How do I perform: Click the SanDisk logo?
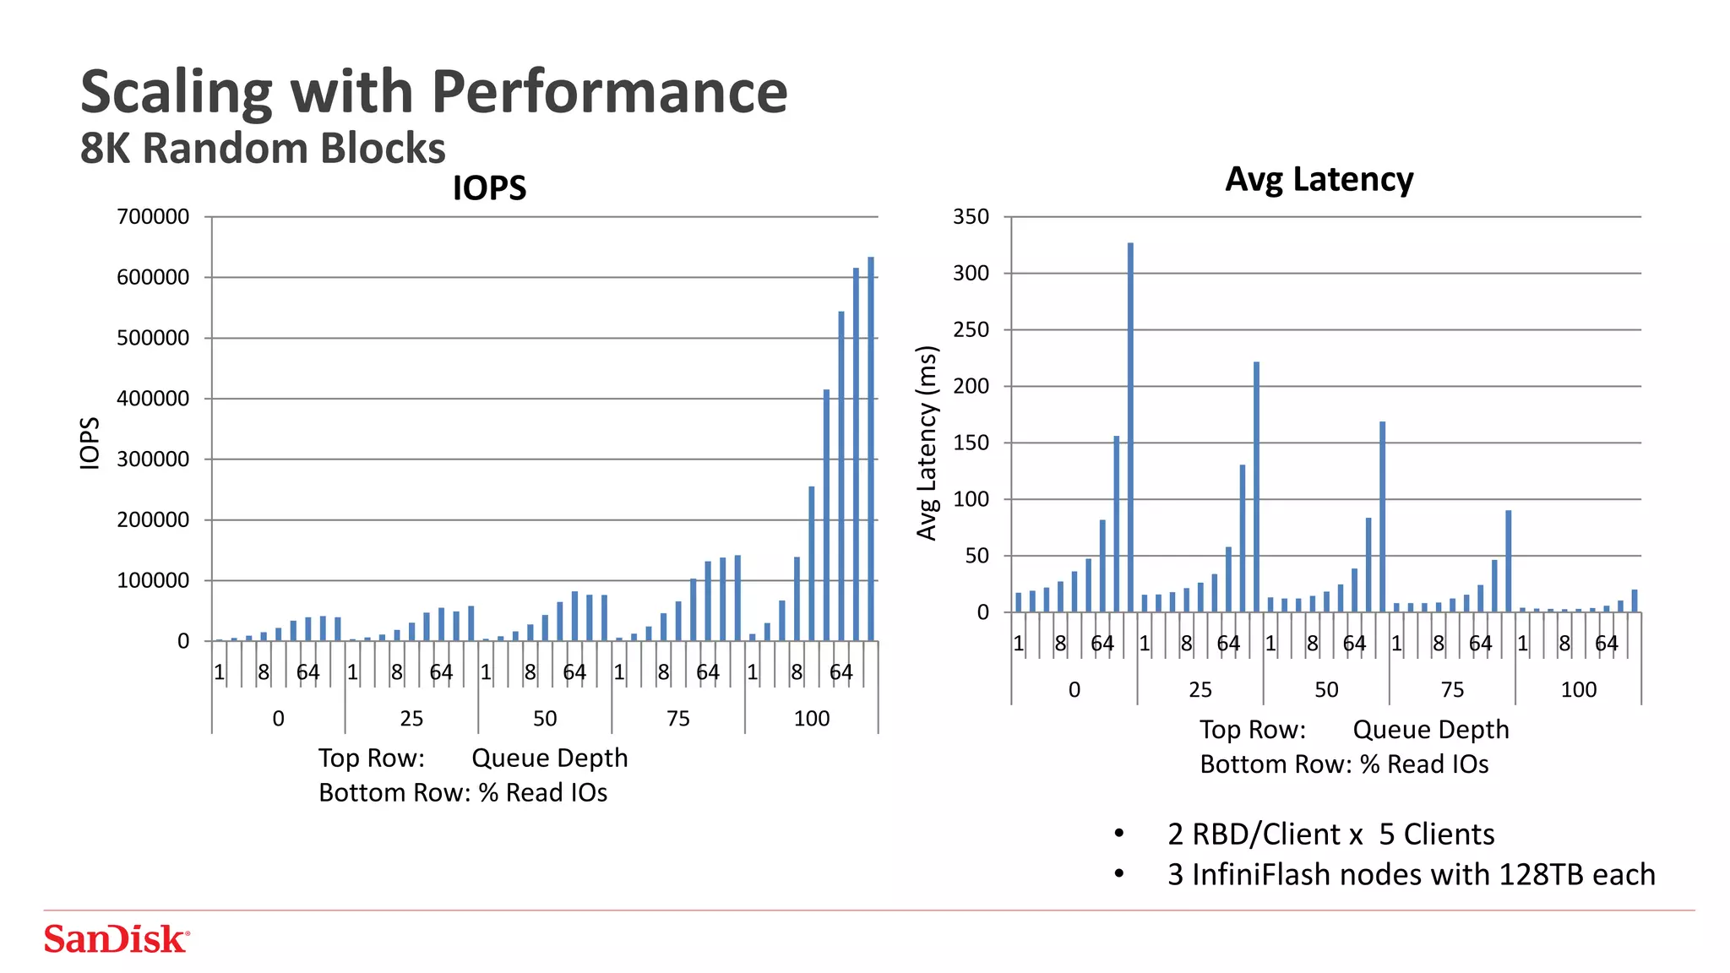117,939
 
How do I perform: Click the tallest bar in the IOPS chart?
871,448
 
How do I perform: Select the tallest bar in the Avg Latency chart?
1130,427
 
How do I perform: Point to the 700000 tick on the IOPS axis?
153,217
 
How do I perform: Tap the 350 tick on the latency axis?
971,217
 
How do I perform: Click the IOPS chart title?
489,188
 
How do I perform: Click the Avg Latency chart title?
1319,179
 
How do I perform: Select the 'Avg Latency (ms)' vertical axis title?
928,443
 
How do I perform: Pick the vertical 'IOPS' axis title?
90,443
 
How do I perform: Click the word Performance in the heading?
609,92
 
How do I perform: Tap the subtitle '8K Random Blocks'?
263,149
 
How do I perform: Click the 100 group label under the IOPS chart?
811,719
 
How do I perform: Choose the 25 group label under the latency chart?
1200,690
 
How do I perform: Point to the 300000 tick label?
153,459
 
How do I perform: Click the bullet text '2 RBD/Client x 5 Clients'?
1330,834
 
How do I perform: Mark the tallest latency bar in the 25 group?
1256,486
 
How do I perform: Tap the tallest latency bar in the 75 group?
1508,561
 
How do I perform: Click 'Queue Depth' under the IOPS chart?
549,758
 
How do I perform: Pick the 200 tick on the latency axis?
971,386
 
